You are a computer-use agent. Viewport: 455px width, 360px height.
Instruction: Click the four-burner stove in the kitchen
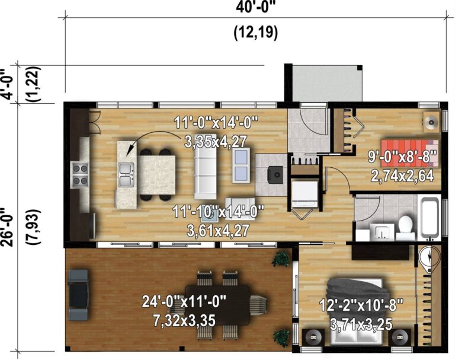[x=79, y=174]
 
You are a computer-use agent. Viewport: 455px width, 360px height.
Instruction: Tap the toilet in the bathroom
[x=405, y=225]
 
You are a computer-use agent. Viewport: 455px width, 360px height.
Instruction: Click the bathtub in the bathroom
[x=430, y=216]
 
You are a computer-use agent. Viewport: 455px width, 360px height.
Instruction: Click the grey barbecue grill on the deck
[x=78, y=295]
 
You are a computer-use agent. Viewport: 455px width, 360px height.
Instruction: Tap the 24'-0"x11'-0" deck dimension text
[x=185, y=301]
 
